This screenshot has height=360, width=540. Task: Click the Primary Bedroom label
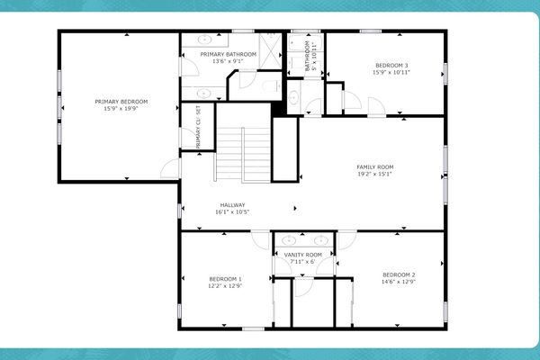point(121,102)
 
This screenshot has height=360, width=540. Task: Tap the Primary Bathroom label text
point(228,54)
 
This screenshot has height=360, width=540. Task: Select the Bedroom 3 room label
point(391,66)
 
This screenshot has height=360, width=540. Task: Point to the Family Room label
point(374,167)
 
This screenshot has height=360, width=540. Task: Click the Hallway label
point(232,205)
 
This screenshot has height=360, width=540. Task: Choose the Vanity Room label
point(302,255)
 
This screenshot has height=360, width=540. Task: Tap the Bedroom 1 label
point(225,279)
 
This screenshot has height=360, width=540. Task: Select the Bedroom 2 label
point(398,274)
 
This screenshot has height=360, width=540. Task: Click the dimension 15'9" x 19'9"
point(121,109)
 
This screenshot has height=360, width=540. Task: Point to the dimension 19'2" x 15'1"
point(374,175)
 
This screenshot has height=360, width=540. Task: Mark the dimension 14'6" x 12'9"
point(398,282)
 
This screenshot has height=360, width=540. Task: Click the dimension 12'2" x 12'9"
point(225,286)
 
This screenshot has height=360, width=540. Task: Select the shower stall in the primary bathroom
point(272,47)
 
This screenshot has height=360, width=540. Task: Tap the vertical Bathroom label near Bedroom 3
point(307,56)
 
